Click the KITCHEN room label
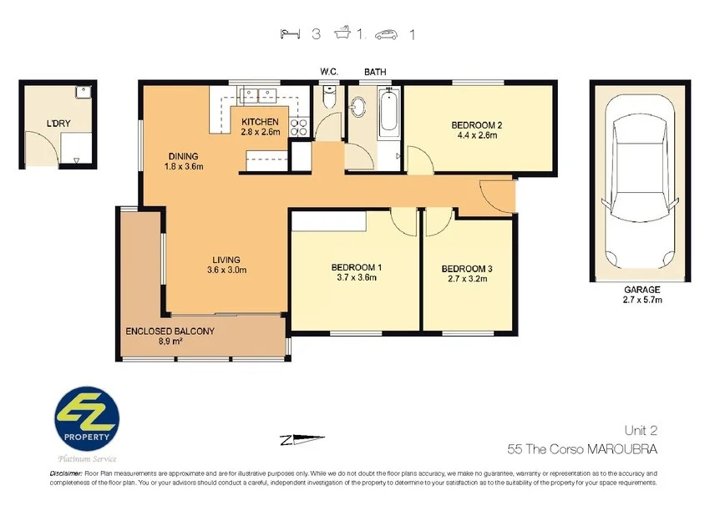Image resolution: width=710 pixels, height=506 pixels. click(x=259, y=122)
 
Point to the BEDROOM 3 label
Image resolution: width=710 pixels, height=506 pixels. click(x=468, y=269)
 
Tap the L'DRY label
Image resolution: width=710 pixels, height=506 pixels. click(x=58, y=124)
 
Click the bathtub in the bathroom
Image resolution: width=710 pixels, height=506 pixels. click(x=389, y=114)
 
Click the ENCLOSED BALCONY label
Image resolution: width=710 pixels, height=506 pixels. click(x=170, y=331)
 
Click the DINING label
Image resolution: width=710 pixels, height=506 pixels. click(x=183, y=156)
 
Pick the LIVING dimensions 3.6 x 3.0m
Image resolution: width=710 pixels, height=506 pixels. click(x=226, y=270)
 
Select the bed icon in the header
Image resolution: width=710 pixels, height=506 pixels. click(x=291, y=34)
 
